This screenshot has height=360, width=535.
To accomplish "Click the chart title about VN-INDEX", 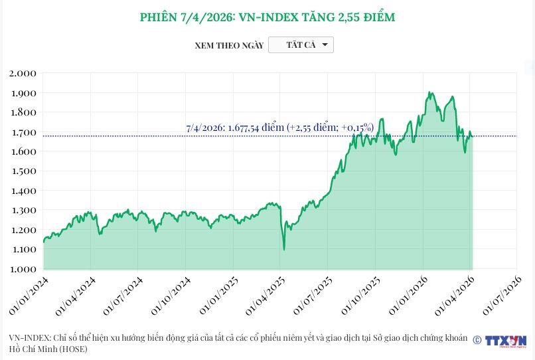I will point(267,17).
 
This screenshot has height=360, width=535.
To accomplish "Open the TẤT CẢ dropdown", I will point(301,45).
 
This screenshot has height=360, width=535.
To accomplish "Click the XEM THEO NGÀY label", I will point(229,45).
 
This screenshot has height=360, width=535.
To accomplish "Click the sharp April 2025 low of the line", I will point(284,250).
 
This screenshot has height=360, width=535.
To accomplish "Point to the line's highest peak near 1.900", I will point(430,92).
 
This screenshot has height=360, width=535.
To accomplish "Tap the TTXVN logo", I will point(506,341).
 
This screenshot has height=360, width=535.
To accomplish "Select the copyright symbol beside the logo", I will point(477,340).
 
